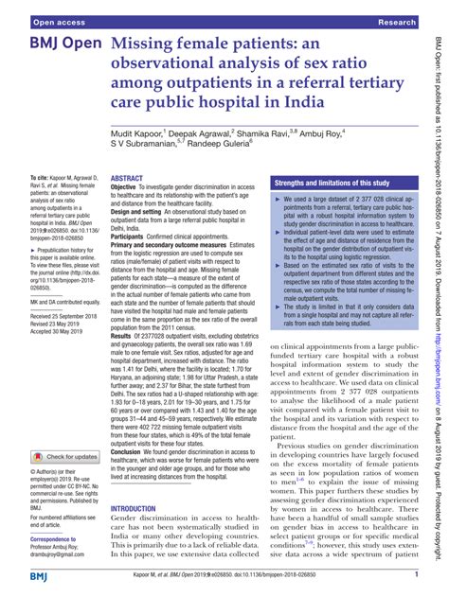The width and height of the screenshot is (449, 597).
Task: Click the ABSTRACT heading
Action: pyautogui.click(x=127, y=151)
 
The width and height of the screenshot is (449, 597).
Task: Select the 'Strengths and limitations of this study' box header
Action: pyautogui.click(x=329, y=154)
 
